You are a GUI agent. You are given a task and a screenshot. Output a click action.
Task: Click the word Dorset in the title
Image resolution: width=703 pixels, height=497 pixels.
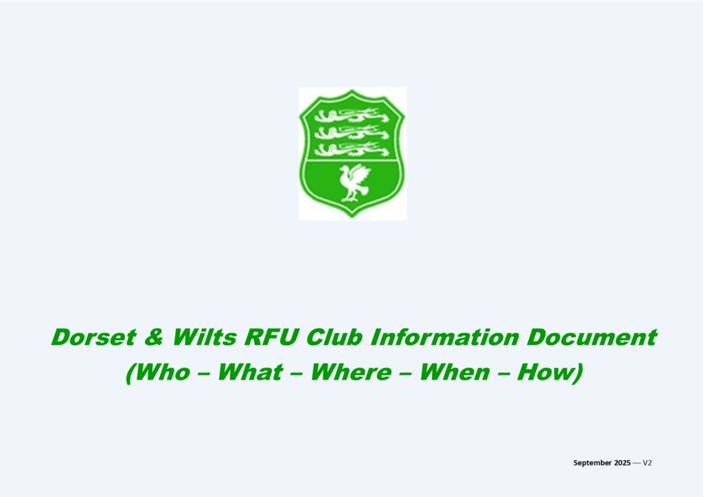[93, 338]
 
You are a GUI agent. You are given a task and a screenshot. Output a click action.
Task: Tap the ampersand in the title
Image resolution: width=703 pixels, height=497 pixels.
[154, 338]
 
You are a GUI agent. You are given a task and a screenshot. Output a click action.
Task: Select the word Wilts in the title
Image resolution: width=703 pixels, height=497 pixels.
[205, 338]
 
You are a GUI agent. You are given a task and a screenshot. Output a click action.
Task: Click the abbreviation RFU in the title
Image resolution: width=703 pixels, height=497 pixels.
[270, 338]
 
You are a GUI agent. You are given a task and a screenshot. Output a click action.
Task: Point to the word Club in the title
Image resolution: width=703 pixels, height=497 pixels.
[334, 338]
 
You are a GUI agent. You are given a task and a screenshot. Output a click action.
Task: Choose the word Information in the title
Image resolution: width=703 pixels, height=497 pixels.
[444, 338]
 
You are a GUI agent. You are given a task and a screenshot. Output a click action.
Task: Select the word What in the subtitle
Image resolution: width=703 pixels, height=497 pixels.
[250, 373]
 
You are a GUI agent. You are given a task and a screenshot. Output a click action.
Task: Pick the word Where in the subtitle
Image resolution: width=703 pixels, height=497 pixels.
[351, 373]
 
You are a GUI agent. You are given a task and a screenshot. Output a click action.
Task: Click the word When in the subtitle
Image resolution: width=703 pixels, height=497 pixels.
[454, 373]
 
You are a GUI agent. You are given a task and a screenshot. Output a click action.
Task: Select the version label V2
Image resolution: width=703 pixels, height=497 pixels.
[647, 463]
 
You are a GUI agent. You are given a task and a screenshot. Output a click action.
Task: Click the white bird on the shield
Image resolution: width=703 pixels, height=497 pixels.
[354, 183]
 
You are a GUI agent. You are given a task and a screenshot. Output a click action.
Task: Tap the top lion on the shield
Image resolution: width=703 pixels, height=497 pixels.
[351, 116]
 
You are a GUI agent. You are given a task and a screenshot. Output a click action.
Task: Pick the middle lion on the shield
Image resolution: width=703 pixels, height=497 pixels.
[351, 132]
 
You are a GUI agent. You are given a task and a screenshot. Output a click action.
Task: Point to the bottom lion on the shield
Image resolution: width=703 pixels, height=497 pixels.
[351, 149]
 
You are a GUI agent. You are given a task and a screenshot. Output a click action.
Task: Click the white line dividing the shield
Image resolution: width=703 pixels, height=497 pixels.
[351, 160]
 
